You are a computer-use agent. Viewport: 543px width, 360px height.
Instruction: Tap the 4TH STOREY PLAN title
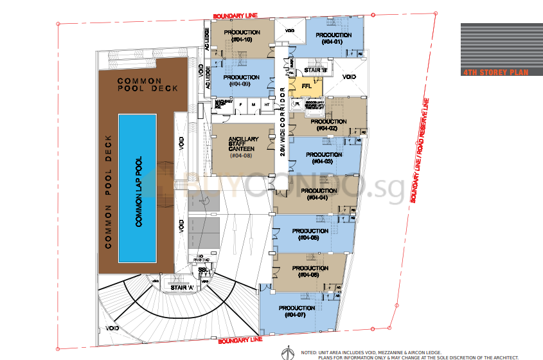tap(495, 73)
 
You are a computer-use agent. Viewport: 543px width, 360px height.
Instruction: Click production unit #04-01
tap(334, 38)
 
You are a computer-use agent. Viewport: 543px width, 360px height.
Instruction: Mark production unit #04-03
tap(324, 158)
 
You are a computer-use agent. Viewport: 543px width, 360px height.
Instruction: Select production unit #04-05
tap(310, 234)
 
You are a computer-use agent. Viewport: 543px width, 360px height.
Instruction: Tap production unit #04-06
tap(310, 271)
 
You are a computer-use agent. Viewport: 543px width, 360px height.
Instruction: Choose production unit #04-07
tap(297, 312)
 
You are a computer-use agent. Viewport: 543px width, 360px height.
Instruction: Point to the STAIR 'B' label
tap(316, 69)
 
